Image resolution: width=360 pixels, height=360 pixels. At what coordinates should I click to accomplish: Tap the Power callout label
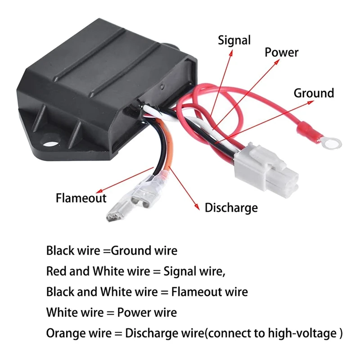pos(281,52)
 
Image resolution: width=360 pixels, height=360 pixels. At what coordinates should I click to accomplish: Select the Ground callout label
pos(314,93)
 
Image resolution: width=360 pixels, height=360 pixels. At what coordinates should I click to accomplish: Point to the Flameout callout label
pos(81,198)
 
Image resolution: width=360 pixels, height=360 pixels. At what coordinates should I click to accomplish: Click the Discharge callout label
pos(231,207)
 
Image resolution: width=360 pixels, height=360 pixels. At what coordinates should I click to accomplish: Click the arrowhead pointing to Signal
pos(231,52)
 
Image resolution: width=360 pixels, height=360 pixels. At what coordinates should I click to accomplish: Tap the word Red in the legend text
pos(55,271)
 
